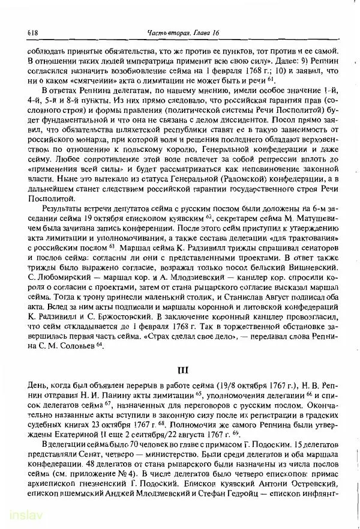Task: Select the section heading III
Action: [x=182, y=370]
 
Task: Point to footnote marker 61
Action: [x=272, y=79]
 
